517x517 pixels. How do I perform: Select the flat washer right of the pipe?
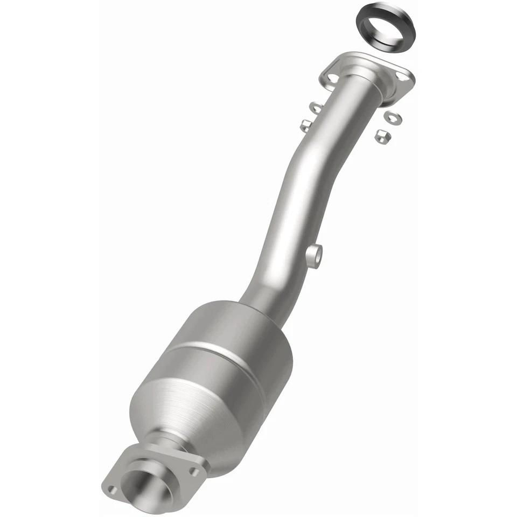[x=391, y=116]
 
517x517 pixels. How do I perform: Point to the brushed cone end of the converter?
[x=178, y=409]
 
